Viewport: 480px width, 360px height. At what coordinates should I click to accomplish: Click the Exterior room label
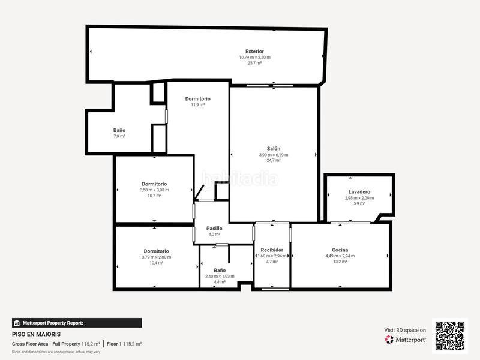pyautogui.click(x=254, y=52)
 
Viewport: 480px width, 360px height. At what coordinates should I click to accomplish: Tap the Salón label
pyautogui.click(x=274, y=148)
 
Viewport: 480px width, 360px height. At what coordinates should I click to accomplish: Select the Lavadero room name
pyautogui.click(x=359, y=192)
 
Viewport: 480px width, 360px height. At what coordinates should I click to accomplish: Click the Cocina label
pyautogui.click(x=340, y=250)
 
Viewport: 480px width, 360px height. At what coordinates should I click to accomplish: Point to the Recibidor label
pyautogui.click(x=271, y=250)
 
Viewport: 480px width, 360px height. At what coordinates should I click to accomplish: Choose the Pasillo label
pyautogui.click(x=214, y=228)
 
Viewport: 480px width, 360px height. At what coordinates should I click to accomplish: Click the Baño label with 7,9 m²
pyautogui.click(x=119, y=130)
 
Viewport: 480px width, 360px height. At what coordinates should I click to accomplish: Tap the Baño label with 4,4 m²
pyautogui.click(x=220, y=270)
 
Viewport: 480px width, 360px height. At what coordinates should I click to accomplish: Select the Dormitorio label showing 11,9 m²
pyautogui.click(x=197, y=98)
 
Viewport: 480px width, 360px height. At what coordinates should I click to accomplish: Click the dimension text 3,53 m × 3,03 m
pyautogui.click(x=154, y=190)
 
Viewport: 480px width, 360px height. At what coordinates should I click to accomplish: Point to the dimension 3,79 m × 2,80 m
pyautogui.click(x=156, y=257)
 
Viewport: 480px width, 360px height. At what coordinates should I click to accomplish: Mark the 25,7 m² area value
pyautogui.click(x=254, y=63)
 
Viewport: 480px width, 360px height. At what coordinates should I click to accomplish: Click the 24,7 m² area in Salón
pyautogui.click(x=274, y=160)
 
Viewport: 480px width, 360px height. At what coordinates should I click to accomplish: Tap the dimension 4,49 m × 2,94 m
pyautogui.click(x=340, y=256)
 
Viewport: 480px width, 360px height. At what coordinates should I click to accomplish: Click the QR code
pyautogui.click(x=450, y=335)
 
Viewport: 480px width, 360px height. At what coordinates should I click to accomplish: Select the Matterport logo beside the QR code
pyautogui.click(x=406, y=340)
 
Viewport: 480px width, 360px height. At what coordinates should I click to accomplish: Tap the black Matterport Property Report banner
pyautogui.click(x=77, y=323)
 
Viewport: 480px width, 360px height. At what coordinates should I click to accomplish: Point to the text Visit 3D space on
pyautogui.click(x=405, y=330)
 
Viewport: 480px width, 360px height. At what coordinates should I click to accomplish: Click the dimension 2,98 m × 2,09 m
pyautogui.click(x=359, y=198)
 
